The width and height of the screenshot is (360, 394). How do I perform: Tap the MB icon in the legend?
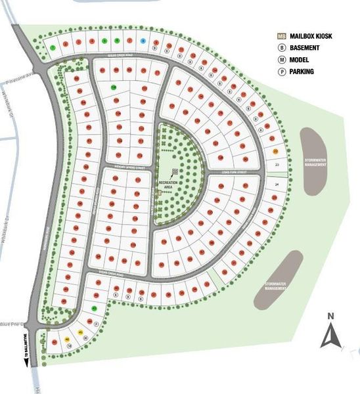click(x=281, y=37)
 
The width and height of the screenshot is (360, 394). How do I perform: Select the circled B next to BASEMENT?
click(x=281, y=48)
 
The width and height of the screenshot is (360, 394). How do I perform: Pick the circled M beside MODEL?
click(x=281, y=60)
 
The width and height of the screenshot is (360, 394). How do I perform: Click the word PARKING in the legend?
click(x=301, y=72)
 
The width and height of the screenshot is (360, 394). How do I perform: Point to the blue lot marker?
click(x=142, y=41)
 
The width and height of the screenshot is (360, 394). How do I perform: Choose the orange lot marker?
click(x=276, y=151)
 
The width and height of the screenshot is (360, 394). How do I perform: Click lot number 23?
click(x=277, y=164)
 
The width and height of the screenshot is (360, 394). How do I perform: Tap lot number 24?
click(x=277, y=185)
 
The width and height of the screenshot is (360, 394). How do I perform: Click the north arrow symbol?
click(x=329, y=336)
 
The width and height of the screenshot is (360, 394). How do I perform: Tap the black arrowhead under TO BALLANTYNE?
click(x=27, y=360)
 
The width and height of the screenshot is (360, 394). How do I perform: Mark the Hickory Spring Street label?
click(x=127, y=166)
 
